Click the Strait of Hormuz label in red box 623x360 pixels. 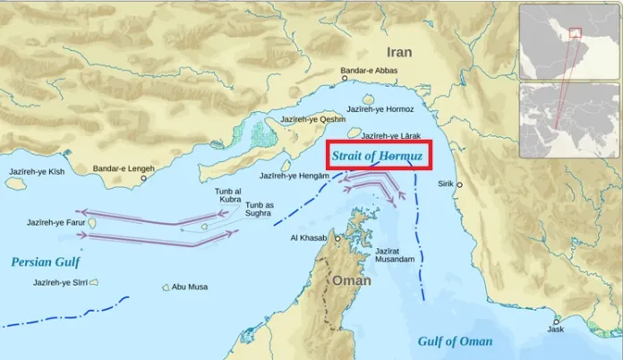[378, 155]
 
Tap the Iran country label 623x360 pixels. [399, 52]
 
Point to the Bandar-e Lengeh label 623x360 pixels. [119, 168]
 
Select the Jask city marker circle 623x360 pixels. [556, 322]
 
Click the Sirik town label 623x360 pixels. [444, 184]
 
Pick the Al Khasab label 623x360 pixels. [309, 238]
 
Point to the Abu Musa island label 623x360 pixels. [190, 287]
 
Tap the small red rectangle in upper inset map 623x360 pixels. [575, 32]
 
